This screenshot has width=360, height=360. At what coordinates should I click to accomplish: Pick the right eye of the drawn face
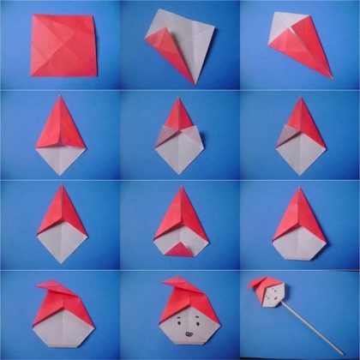(x=187, y=324)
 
